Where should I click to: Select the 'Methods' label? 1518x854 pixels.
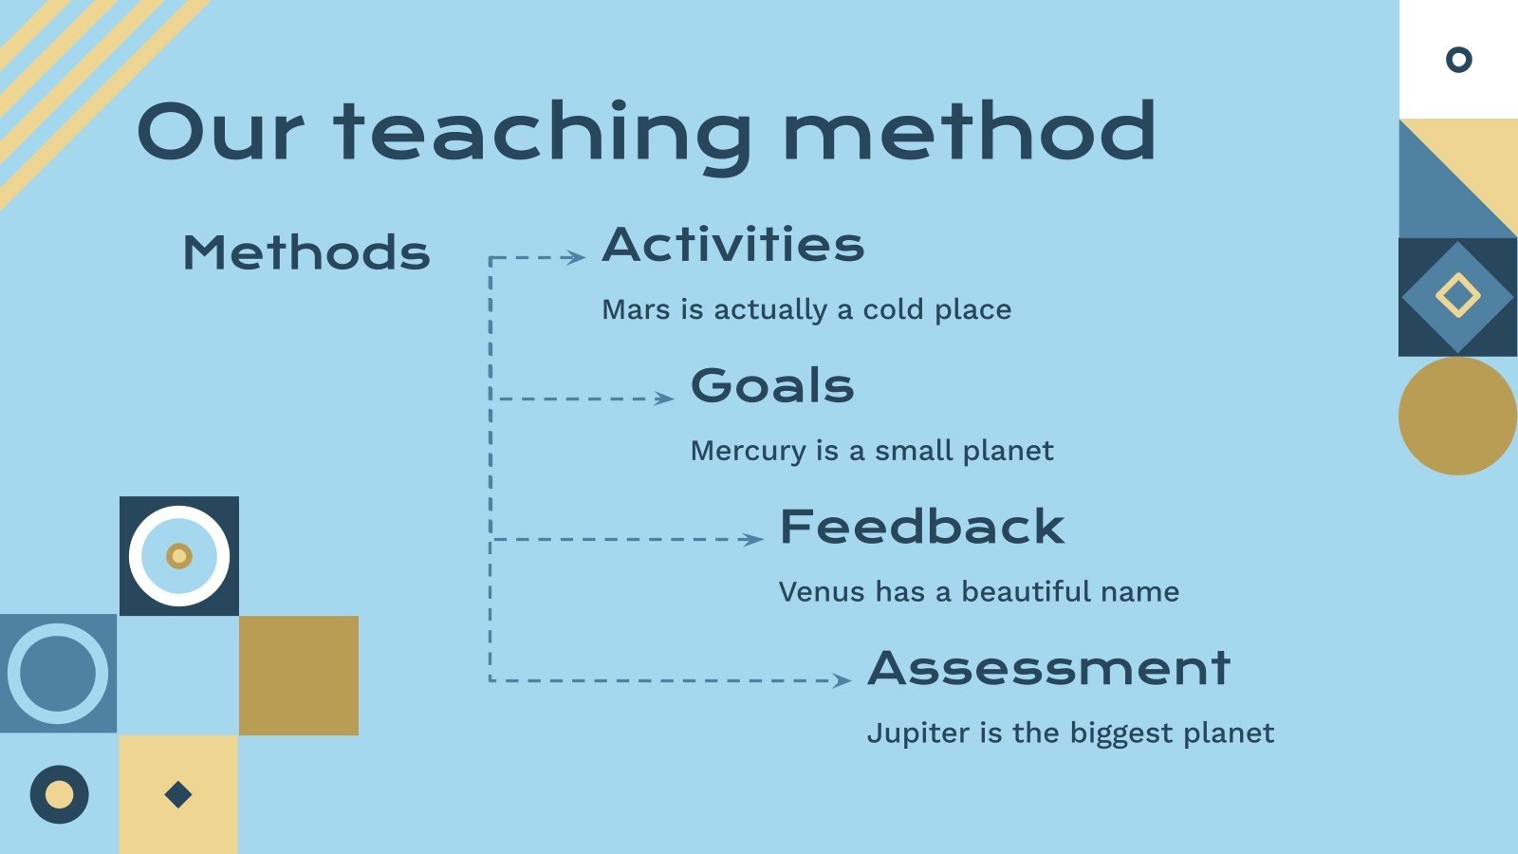[306, 252]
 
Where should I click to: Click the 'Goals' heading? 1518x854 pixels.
[772, 385]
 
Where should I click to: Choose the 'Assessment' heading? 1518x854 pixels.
[1048, 668]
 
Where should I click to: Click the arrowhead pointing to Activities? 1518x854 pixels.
[577, 257]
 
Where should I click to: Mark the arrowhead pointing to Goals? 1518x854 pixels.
[665, 399]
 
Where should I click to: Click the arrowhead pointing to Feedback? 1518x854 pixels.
[754, 540]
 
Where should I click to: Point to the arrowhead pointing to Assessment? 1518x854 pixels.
[842, 680]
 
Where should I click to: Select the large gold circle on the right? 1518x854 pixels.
[1457, 417]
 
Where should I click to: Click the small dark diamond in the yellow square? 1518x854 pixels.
[178, 794]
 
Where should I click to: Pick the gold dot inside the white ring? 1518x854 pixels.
[179, 556]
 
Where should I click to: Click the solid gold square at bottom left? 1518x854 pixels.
[299, 676]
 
